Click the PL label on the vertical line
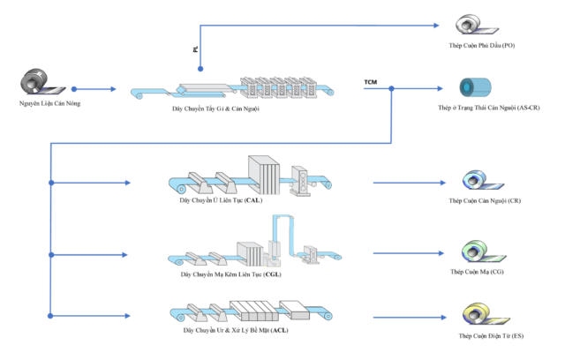195,49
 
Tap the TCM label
371,82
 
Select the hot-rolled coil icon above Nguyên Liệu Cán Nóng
42,82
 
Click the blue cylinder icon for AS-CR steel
475,87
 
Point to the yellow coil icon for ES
486,314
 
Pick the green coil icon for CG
484,251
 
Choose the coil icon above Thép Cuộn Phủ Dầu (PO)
477,25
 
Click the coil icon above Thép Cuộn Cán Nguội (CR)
483,180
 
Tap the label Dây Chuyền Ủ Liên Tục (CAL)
221,200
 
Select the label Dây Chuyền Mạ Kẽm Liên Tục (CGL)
231,274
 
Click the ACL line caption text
236,330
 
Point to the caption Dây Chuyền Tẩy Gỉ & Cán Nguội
215,109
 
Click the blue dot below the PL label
200,69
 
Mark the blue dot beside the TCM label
391,88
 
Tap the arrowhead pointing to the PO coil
436,26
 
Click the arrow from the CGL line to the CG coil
409,253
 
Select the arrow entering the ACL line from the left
90,316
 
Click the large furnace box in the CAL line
264,175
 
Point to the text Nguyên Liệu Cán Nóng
49,103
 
